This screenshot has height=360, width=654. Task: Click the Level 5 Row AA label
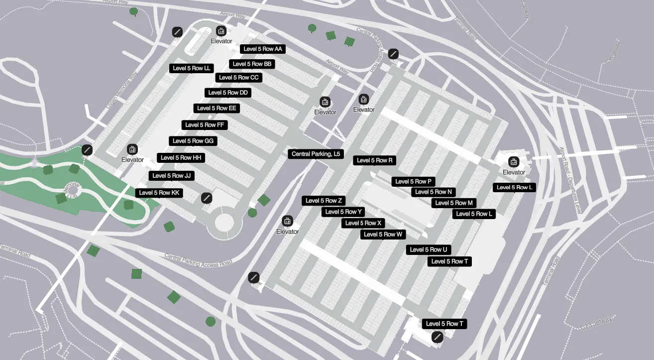[262, 49]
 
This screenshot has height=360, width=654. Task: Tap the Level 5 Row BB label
[252, 64]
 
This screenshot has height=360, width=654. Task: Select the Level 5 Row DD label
[228, 93]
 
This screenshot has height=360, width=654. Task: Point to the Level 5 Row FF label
[205, 124]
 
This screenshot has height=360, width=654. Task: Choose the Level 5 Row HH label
[181, 157]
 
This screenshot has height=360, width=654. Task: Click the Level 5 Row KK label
[159, 193]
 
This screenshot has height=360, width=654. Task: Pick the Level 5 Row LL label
[192, 68]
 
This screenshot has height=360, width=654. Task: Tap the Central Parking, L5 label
[316, 154]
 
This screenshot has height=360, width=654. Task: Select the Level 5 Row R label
[375, 160]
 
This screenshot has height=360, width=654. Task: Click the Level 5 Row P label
[413, 181]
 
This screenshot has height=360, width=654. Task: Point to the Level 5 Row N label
[434, 192]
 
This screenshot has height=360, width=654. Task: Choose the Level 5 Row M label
[454, 203]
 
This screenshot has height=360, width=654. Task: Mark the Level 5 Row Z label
[324, 201]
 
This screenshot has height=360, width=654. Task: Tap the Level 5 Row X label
[363, 223]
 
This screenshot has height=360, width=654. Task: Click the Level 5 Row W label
[383, 234]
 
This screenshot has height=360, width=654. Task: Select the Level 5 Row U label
[428, 249]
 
